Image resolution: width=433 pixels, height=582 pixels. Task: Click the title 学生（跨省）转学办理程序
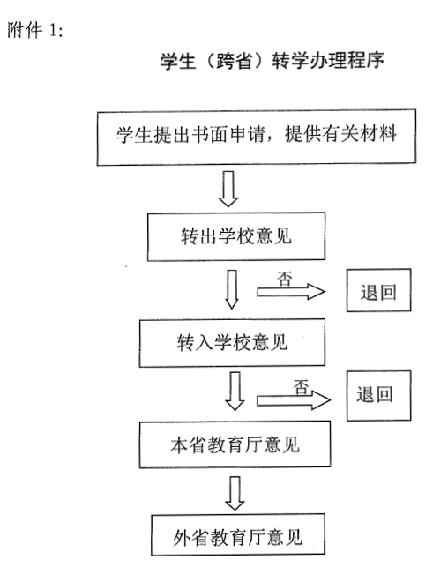click(272, 61)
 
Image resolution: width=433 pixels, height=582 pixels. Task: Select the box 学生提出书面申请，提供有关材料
click(257, 137)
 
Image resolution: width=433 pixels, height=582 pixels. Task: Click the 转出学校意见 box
click(236, 236)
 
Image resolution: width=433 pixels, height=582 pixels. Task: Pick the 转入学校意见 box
click(232, 343)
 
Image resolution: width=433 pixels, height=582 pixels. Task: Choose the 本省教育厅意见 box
click(235, 444)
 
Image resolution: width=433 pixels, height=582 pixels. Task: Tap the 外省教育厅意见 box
click(238, 534)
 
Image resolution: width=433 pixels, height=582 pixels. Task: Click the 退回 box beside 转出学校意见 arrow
click(379, 290)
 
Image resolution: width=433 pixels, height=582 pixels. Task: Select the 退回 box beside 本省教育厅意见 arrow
click(379, 395)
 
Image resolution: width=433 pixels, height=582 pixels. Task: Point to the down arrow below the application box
click(228, 189)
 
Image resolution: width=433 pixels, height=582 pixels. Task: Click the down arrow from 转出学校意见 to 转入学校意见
click(232, 289)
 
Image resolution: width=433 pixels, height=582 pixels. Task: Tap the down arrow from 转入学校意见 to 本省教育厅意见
click(235, 391)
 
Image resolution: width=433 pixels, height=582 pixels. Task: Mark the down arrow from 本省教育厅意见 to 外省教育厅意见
click(235, 494)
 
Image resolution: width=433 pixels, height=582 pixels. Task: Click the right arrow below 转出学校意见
click(291, 292)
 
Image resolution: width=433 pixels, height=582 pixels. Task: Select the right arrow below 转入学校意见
click(294, 400)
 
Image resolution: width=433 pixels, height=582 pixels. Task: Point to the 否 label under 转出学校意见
click(285, 280)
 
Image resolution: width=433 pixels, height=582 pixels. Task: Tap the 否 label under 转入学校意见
click(302, 387)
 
